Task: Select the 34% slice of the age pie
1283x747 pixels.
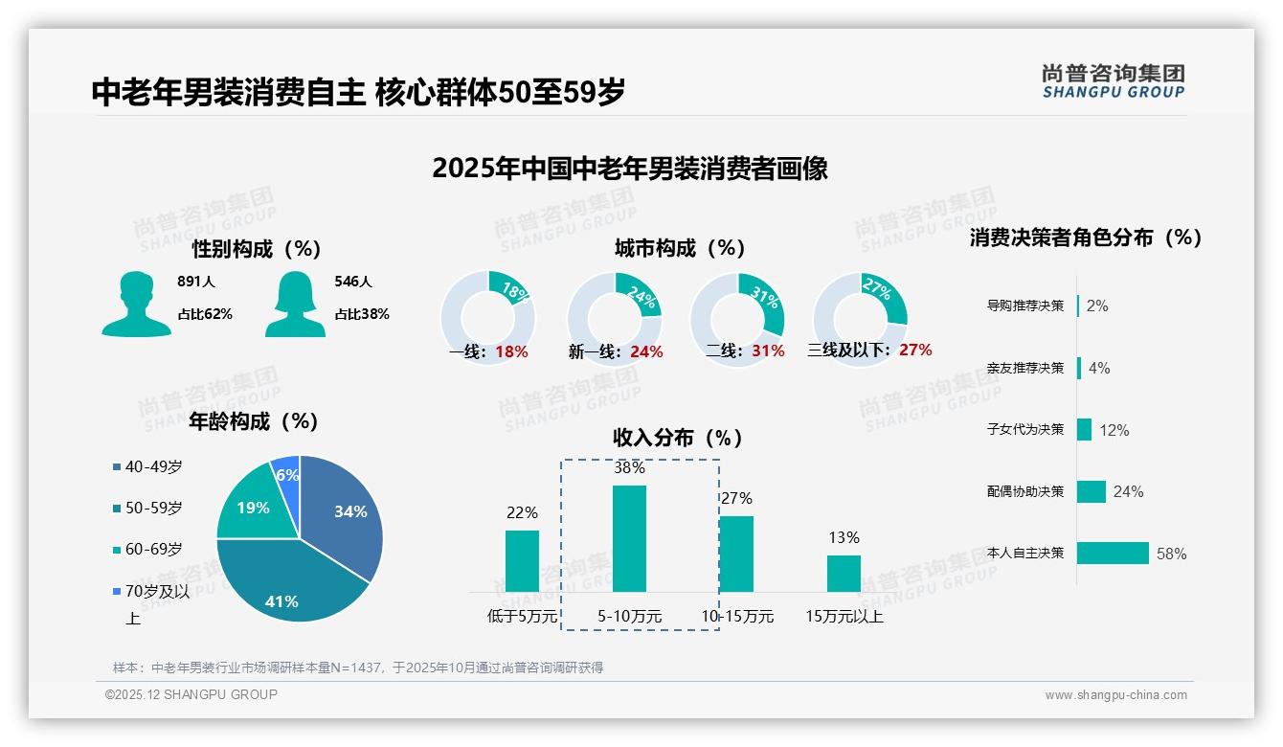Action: coord(345,512)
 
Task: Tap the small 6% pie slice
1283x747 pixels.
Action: coord(286,471)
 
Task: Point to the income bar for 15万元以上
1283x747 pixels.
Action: coord(844,573)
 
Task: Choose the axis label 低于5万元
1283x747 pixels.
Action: coord(522,617)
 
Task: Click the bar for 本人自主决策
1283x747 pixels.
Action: coord(1113,553)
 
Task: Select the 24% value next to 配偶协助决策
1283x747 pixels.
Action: coord(1128,491)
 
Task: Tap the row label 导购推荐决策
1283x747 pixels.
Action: coord(1025,306)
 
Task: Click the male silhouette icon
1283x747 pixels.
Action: coord(137,305)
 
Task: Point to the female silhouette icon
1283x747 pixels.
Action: coord(295,305)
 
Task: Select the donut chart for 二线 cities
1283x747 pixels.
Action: coord(737,306)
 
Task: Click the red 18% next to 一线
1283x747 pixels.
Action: coord(511,351)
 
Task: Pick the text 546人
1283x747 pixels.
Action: coord(353,282)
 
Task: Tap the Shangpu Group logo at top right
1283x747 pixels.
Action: coord(1113,80)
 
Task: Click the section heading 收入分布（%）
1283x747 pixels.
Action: coord(678,438)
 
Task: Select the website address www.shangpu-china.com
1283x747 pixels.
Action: coord(1115,695)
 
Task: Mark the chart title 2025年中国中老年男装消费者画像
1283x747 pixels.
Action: coord(629,169)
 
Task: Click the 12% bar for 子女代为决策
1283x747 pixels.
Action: coord(1084,429)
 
